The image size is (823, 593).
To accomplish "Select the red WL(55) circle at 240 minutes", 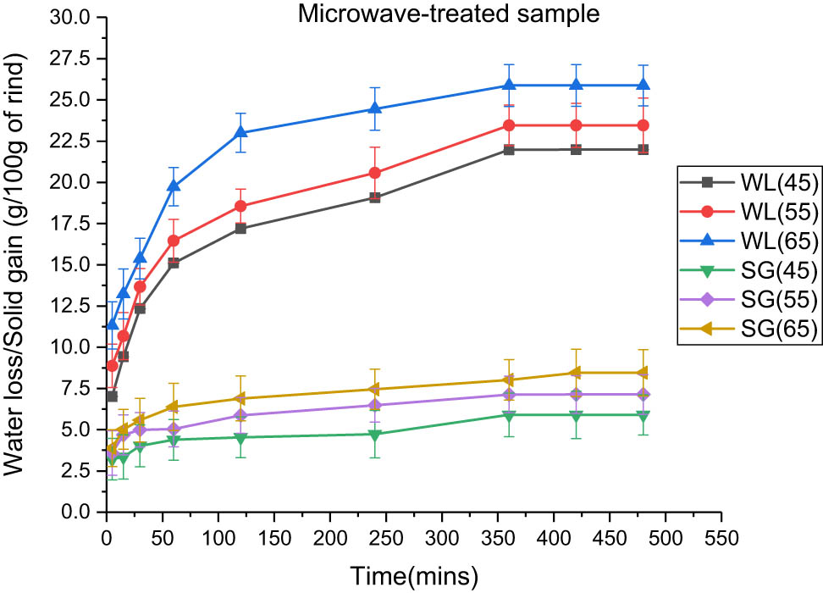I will (374, 173).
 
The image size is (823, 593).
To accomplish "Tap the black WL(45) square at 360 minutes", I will (509, 150).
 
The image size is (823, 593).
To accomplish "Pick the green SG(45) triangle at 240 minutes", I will (374, 435).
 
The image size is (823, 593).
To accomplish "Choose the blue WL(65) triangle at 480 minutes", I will (643, 85).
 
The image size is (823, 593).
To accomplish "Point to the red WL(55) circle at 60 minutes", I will (174, 241).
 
